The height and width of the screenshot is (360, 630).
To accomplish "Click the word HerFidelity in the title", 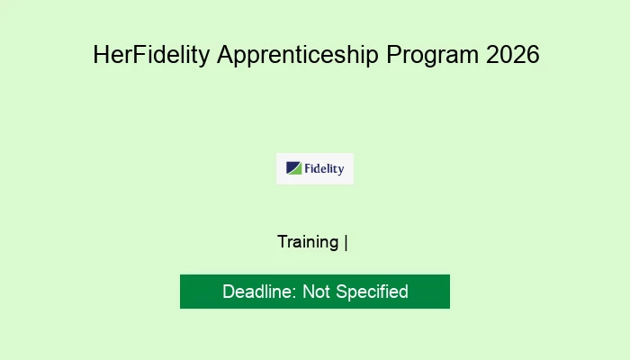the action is (151, 55).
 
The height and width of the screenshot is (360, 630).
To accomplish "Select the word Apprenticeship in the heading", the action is (298, 56).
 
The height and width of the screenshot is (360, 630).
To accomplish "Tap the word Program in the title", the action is (432, 56).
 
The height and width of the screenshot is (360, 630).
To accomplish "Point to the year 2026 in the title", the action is (513, 54).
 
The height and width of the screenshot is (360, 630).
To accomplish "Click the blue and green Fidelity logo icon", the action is (293, 168).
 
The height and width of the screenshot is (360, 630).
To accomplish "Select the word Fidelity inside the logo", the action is (324, 169).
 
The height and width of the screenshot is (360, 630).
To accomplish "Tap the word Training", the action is (308, 243).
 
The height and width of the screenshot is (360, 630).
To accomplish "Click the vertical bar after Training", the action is (346, 243).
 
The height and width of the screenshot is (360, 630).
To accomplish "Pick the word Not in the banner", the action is (316, 292).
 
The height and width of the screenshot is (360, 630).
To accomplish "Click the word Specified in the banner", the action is (372, 292).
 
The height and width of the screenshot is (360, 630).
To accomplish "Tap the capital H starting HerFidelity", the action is (101, 55).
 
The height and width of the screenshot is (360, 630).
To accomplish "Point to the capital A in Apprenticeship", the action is (226, 55).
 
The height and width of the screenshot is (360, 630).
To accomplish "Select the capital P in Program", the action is (394, 55).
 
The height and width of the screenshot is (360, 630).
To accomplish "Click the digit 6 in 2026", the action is (533, 54).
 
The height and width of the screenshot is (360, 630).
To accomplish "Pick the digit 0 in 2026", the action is (506, 54).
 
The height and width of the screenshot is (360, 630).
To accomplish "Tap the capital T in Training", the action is (283, 242).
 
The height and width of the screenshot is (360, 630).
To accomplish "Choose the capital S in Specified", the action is (341, 292).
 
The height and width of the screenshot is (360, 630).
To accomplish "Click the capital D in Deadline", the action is (229, 292).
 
